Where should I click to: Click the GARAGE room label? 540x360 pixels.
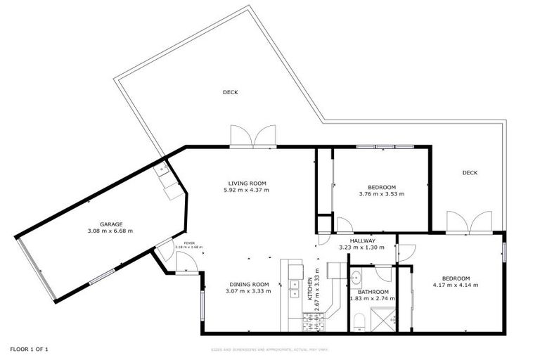point(110,223)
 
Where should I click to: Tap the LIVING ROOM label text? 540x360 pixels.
point(246,183)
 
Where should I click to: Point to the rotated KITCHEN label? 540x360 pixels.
point(309,290)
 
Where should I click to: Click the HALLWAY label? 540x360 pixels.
point(359,240)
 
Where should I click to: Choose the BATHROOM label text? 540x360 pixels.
point(373,291)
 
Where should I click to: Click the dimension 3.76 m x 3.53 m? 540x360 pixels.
point(382,193)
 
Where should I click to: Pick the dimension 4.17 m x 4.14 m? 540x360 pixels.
point(456,285)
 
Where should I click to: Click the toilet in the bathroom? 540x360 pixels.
point(359,321)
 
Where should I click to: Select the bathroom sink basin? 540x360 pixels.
point(356,276)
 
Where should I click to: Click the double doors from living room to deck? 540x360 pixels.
point(252,136)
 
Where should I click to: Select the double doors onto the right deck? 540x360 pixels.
point(469,221)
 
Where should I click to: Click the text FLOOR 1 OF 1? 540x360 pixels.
point(29,349)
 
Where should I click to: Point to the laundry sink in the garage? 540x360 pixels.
point(169,183)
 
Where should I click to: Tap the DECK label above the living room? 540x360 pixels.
point(230,91)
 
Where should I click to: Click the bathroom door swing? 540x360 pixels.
point(383,273)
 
